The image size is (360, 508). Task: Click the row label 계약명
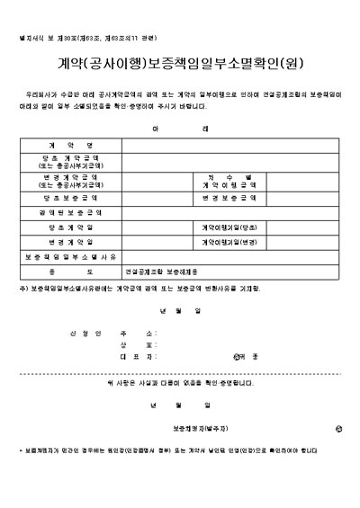[x=70, y=144]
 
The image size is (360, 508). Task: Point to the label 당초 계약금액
[x=70, y=159]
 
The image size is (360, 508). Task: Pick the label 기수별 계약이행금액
[x=229, y=180]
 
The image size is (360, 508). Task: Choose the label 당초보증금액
[x=70, y=196]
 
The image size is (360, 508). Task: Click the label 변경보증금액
[x=229, y=196]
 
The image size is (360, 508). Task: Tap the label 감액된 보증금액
[x=70, y=211]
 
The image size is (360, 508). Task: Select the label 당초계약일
[x=70, y=227]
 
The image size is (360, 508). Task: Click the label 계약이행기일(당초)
[x=229, y=227]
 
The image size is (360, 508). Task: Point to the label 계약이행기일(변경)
[x=229, y=242]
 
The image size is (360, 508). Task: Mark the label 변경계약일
[x=70, y=242]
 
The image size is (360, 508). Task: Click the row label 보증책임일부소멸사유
[x=70, y=257]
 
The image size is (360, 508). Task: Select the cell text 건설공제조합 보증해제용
[x=157, y=272]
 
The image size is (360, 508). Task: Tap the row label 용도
[x=70, y=272]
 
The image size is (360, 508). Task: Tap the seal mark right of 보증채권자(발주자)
[x=337, y=430]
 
